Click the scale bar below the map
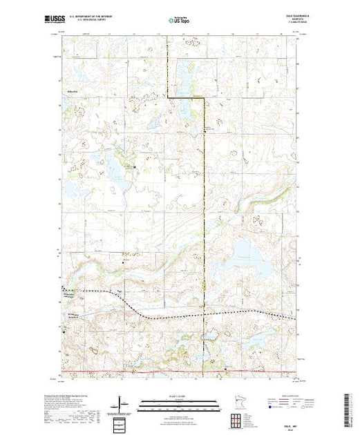179,402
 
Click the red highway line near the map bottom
180,372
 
